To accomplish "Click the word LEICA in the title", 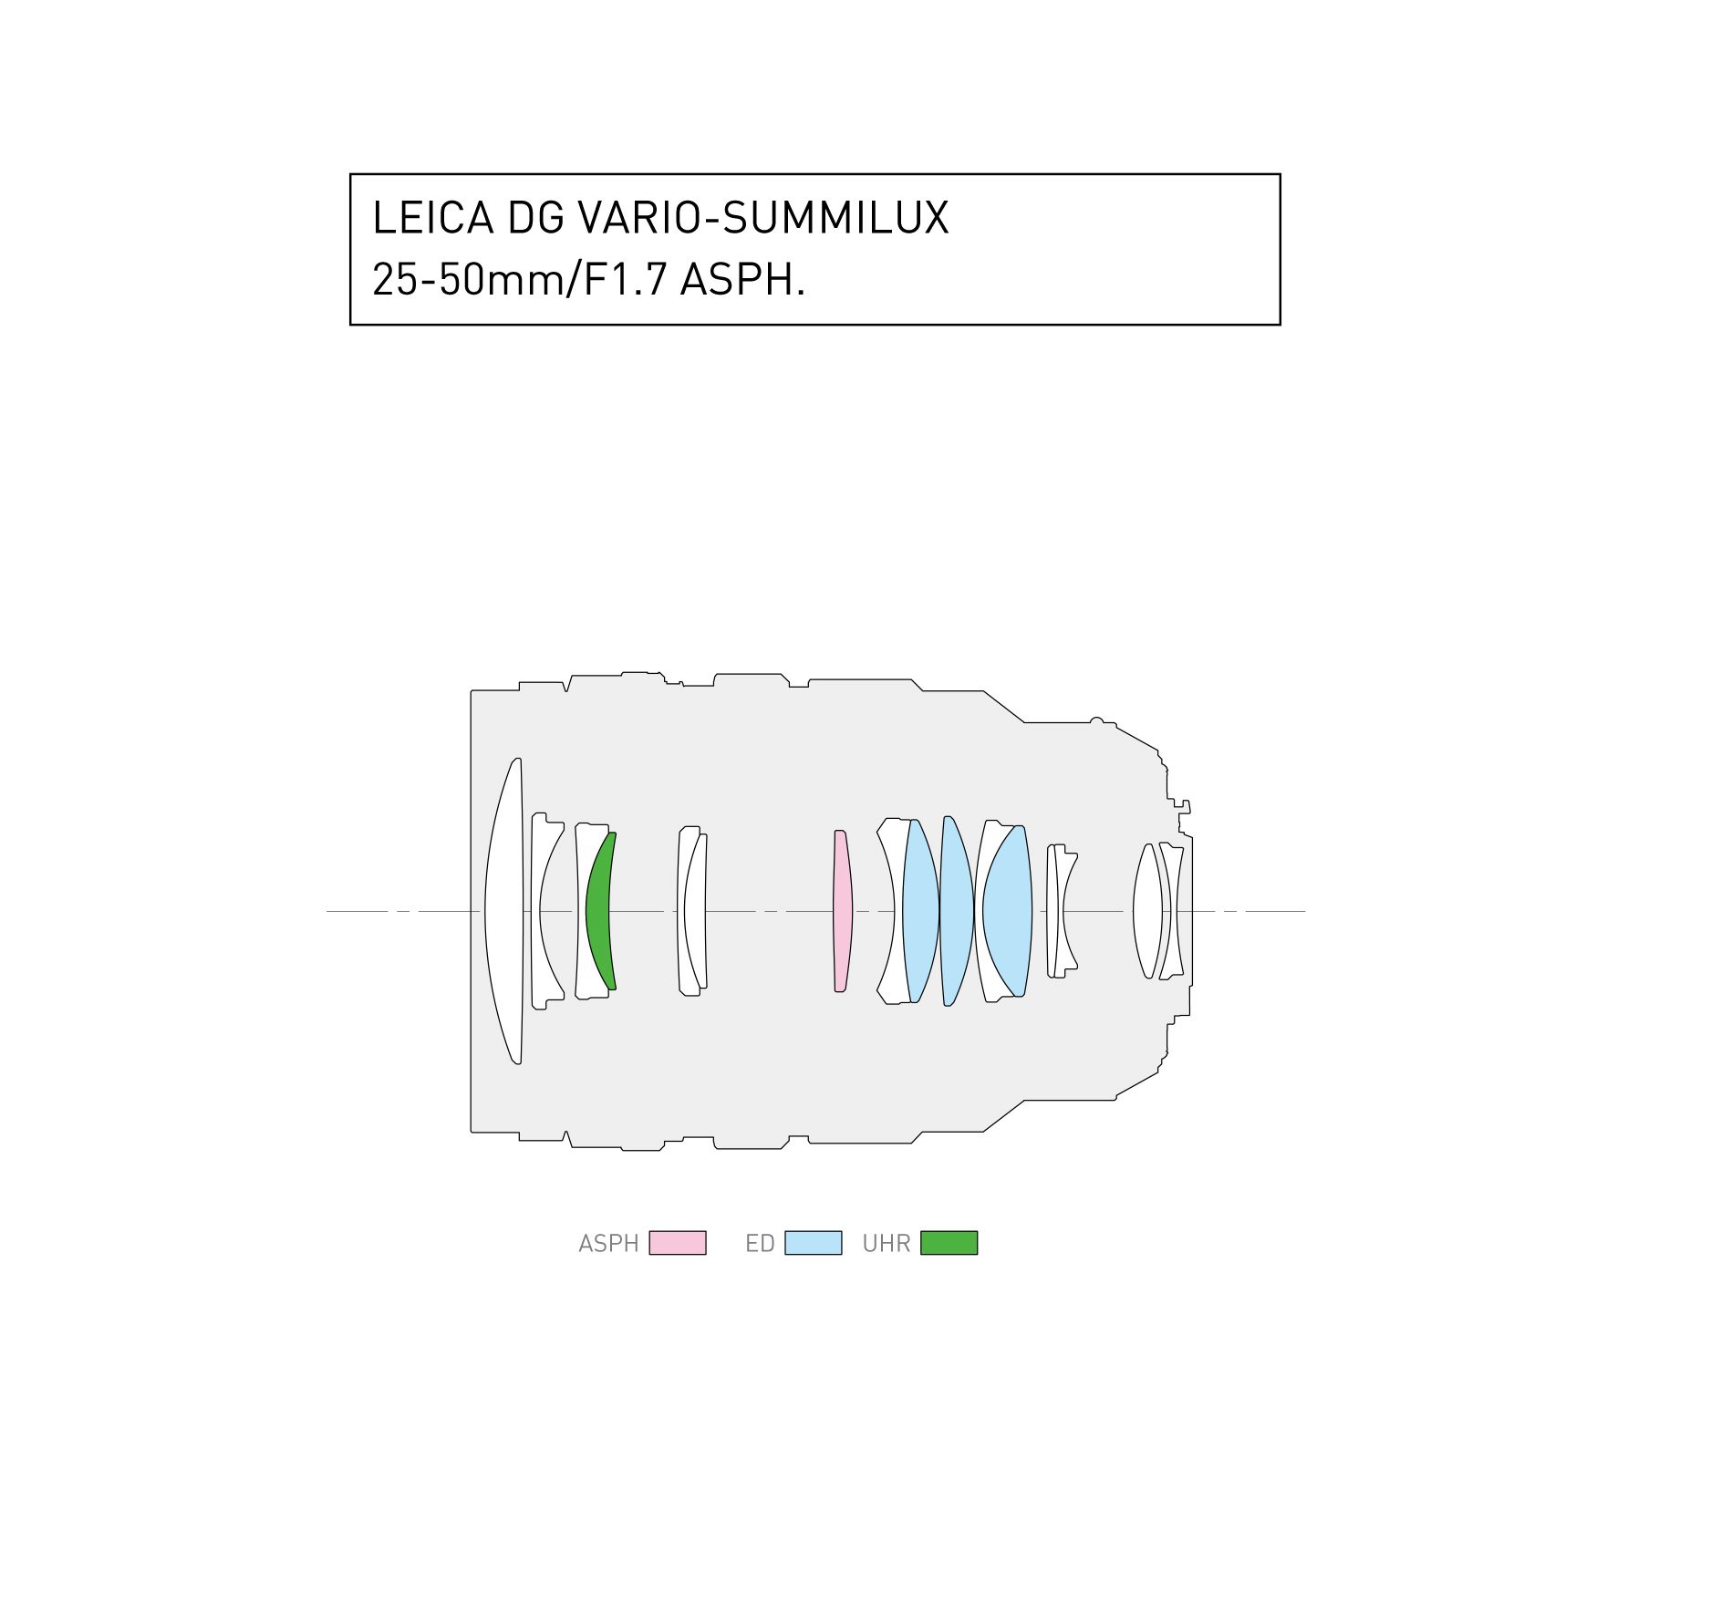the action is point(432,218).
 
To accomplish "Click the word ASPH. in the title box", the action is point(742,279).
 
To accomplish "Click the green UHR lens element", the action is point(599,911).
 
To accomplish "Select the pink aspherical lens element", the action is point(842,911).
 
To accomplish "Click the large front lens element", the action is point(504,911).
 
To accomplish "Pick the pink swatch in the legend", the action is point(677,1243).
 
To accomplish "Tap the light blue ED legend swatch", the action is point(813,1243).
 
